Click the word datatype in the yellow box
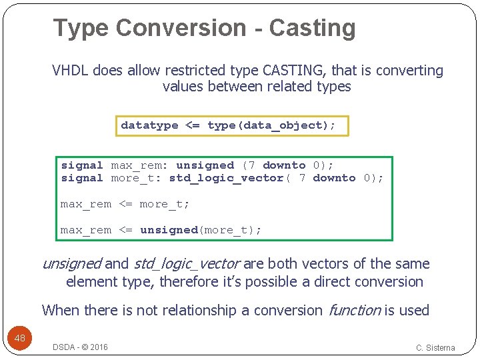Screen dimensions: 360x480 pyautogui.click(x=149, y=125)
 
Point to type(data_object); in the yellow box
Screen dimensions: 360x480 pyautogui.click(x=271, y=125)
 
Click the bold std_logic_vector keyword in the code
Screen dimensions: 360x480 pyautogui.click(x=227, y=178)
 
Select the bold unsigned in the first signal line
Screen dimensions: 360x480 pyautogui.click(x=205, y=165)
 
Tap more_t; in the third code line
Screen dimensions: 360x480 pyautogui.click(x=165, y=204)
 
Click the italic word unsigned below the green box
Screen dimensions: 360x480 pyautogui.click(x=71, y=264)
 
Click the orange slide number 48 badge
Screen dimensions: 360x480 pyautogui.click(x=20, y=338)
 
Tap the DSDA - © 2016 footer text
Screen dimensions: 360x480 pyautogui.click(x=81, y=347)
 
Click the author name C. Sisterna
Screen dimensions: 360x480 pyautogui.click(x=435, y=347)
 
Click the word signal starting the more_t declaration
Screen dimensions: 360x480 pyautogui.click(x=82, y=178)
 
